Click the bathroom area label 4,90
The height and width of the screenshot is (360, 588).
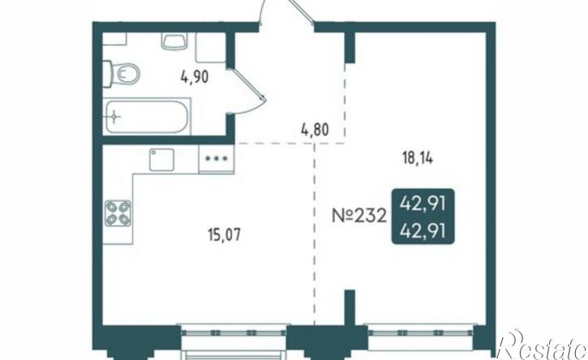pyautogui.click(x=195, y=78)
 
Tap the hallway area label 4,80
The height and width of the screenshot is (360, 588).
pyautogui.click(x=315, y=130)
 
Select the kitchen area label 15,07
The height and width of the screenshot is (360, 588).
pyautogui.click(x=224, y=235)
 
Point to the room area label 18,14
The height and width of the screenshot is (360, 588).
pyautogui.click(x=418, y=159)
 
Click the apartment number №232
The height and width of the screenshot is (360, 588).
pyautogui.click(x=358, y=216)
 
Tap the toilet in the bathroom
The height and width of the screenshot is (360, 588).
pyautogui.click(x=121, y=74)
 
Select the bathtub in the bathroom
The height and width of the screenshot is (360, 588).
pyautogui.click(x=147, y=116)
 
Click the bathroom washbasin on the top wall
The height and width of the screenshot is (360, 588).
pyautogui.click(x=174, y=41)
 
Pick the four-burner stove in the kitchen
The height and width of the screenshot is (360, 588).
pyautogui.click(x=118, y=213)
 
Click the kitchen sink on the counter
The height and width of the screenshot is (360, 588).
pyautogui.click(x=161, y=160)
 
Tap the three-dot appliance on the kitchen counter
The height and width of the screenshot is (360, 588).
pyautogui.click(x=217, y=158)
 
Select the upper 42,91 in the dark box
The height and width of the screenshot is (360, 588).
pyautogui.click(x=423, y=205)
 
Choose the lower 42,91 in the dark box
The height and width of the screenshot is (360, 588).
pyautogui.click(x=423, y=230)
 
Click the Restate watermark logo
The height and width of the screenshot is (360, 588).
pyautogui.click(x=542, y=345)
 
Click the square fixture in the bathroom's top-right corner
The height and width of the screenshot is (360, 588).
pyautogui.click(x=210, y=47)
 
